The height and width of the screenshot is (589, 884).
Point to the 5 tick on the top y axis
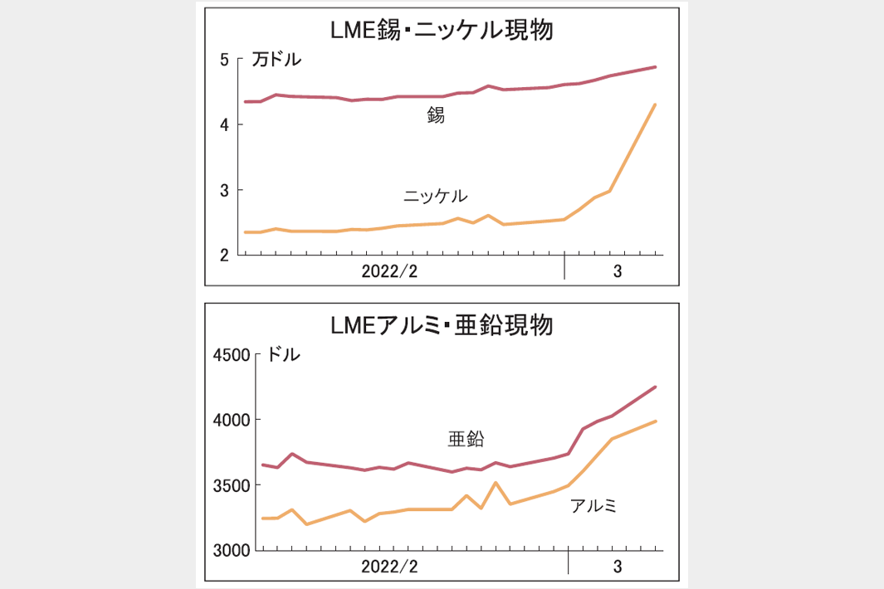point(224,60)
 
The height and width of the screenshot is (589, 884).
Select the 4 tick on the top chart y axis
point(224,124)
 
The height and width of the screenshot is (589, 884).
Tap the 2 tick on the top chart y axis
point(224,256)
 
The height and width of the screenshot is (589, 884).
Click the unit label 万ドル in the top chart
point(277,60)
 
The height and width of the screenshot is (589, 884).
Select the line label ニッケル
point(435,196)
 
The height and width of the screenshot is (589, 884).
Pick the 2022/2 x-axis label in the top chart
point(390,272)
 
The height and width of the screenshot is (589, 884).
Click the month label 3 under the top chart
point(618,272)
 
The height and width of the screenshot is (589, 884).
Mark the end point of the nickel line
point(656,105)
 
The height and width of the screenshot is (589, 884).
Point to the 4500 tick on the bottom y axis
point(232,355)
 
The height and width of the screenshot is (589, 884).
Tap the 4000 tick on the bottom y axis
point(232,420)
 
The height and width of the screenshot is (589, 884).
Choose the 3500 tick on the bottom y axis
point(232,484)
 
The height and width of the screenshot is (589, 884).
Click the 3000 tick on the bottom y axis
point(232,550)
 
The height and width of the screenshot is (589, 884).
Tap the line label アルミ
point(593,505)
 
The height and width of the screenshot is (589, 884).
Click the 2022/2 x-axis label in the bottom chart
point(390,567)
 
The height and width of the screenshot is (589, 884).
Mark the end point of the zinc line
point(656,387)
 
